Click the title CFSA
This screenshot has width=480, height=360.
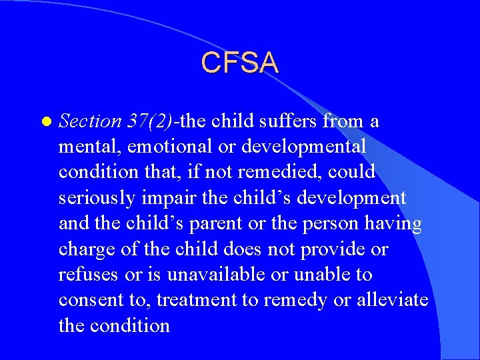[239, 63]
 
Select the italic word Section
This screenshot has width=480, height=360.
[90, 121]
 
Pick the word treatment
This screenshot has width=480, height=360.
[201, 300]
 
